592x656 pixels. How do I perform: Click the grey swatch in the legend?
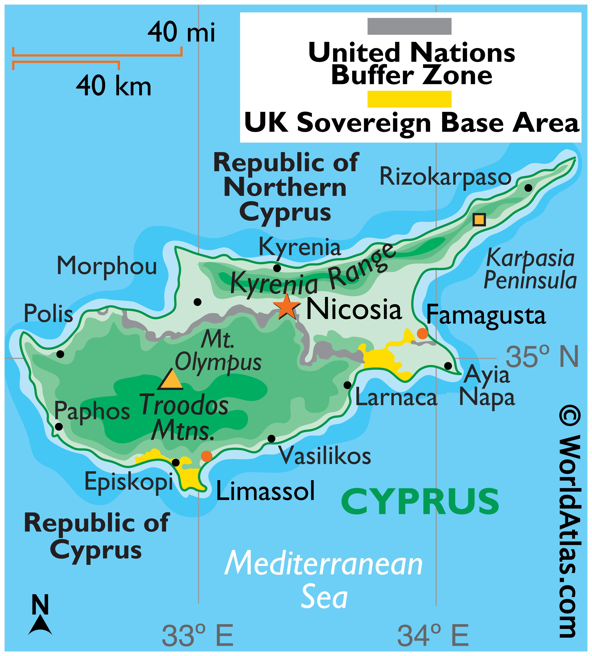coord(409,26)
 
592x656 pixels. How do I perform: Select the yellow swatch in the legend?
coord(409,99)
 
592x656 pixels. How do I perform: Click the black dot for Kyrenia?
coord(277,268)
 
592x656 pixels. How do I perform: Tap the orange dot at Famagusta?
coord(422,334)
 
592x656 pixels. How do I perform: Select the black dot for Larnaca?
coord(347,385)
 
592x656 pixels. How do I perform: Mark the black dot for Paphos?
coord(59,427)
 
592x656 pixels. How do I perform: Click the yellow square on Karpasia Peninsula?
coord(479,220)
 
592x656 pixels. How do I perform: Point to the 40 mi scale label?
coord(181,33)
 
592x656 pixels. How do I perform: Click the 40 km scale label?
coord(114,86)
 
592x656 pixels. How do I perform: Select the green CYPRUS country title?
coord(420,502)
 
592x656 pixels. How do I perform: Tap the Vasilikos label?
coord(325,456)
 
